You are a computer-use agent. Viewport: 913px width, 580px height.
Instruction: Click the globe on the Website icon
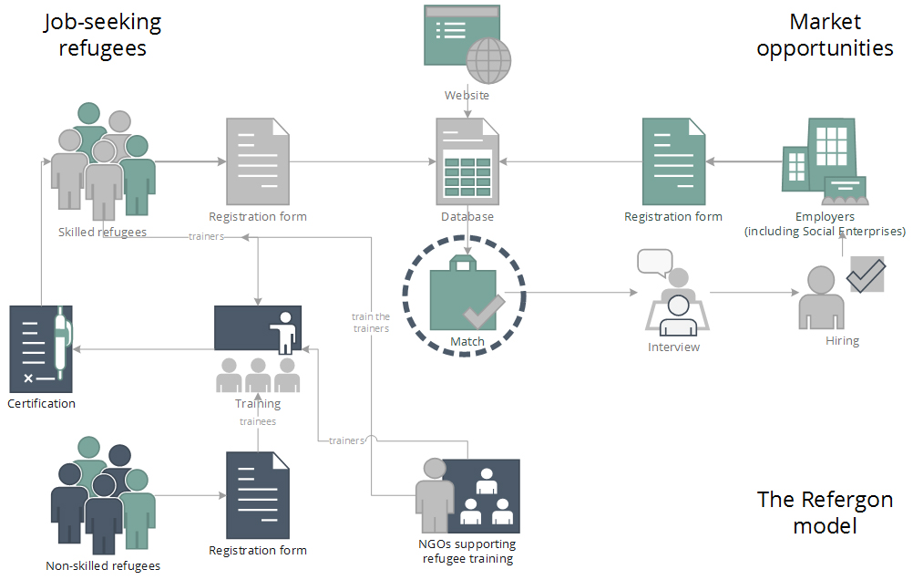tap(488, 60)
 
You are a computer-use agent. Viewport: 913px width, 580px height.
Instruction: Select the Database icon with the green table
tap(467, 161)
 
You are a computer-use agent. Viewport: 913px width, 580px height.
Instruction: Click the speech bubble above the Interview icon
tap(655, 263)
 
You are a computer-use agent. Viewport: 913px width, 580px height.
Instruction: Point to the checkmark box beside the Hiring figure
tap(866, 274)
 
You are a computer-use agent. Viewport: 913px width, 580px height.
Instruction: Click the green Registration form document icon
tap(673, 161)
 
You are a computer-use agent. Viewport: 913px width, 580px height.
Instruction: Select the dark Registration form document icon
tap(258, 495)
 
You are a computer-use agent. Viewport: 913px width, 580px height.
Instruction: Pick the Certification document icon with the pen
tap(41, 349)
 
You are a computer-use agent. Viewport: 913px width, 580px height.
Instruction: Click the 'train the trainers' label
tap(371, 322)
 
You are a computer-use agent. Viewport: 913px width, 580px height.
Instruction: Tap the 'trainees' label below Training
tap(258, 421)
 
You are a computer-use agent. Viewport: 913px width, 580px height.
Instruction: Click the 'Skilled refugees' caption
tap(102, 232)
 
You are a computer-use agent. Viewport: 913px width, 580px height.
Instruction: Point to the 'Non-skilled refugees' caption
tap(103, 565)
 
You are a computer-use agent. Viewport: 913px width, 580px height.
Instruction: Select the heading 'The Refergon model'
tap(826, 513)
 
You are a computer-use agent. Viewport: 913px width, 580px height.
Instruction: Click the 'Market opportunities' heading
tap(826, 35)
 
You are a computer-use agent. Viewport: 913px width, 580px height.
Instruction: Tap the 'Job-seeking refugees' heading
tap(102, 35)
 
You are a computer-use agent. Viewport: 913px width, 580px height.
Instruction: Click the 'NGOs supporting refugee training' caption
tap(467, 551)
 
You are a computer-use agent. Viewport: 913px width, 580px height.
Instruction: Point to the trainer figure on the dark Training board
tap(284, 333)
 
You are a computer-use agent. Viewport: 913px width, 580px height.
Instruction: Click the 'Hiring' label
tap(843, 341)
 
